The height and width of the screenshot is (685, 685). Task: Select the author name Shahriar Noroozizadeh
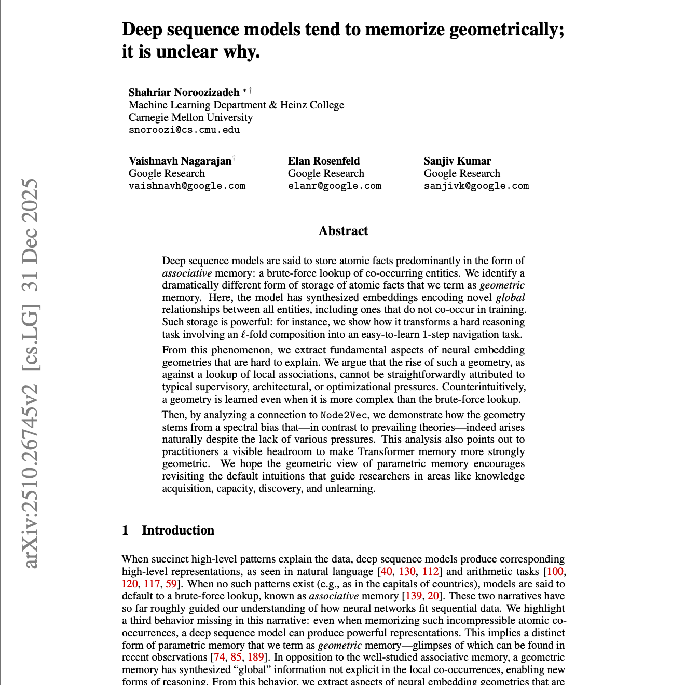click(x=184, y=92)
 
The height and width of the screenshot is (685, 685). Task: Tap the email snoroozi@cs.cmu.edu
click(x=184, y=130)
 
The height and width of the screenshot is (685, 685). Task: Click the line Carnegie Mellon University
click(x=190, y=117)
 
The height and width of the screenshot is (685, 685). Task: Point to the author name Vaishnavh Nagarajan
click(x=180, y=161)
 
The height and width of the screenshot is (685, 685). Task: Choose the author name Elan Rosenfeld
click(x=324, y=161)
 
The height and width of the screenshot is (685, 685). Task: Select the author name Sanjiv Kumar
click(x=457, y=161)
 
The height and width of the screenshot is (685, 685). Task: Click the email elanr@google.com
click(x=335, y=186)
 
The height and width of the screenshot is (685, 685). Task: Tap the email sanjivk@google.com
click(x=476, y=186)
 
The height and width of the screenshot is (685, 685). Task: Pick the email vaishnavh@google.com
click(x=187, y=186)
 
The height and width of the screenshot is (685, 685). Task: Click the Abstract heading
click(x=343, y=231)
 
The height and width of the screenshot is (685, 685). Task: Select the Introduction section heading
click(x=177, y=530)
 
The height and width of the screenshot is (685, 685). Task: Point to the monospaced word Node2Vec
click(x=344, y=415)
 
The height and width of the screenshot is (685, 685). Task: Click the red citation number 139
click(x=413, y=596)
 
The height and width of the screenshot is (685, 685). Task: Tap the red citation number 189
click(x=255, y=657)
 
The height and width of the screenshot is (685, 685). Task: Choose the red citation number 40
click(x=386, y=571)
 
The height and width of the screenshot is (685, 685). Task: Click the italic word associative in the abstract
click(x=187, y=273)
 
